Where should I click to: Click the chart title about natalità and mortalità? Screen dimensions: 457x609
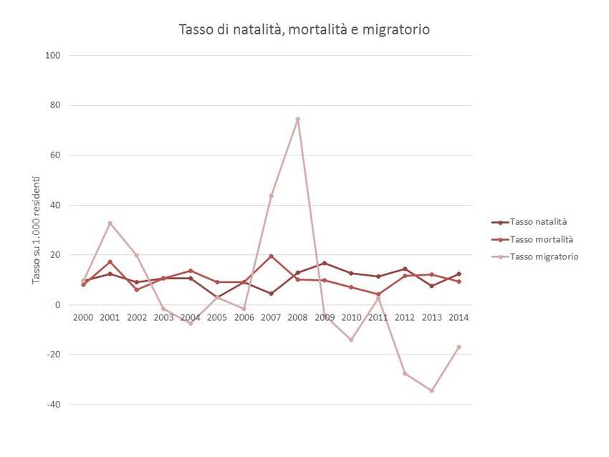304,30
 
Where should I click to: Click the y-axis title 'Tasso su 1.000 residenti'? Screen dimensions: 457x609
36,230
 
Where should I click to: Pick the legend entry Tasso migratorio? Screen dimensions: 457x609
543,256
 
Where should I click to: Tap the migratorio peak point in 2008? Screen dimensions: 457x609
297,119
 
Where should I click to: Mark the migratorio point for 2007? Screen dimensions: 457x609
271,196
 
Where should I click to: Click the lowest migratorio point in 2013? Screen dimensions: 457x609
432,390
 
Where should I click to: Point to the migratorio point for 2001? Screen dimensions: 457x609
110,223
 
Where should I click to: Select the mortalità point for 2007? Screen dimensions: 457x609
271,256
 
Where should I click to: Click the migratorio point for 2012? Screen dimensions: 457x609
405,373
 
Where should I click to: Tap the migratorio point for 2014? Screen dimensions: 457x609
459,347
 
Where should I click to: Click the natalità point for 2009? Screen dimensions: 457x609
325,263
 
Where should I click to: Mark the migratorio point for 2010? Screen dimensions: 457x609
351,340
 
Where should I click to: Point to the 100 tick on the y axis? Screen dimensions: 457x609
53,56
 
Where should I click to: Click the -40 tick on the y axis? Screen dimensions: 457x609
52,405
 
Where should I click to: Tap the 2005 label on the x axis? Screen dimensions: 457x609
217,317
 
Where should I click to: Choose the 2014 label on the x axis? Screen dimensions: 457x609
459,317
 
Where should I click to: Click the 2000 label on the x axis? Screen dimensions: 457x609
83,317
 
